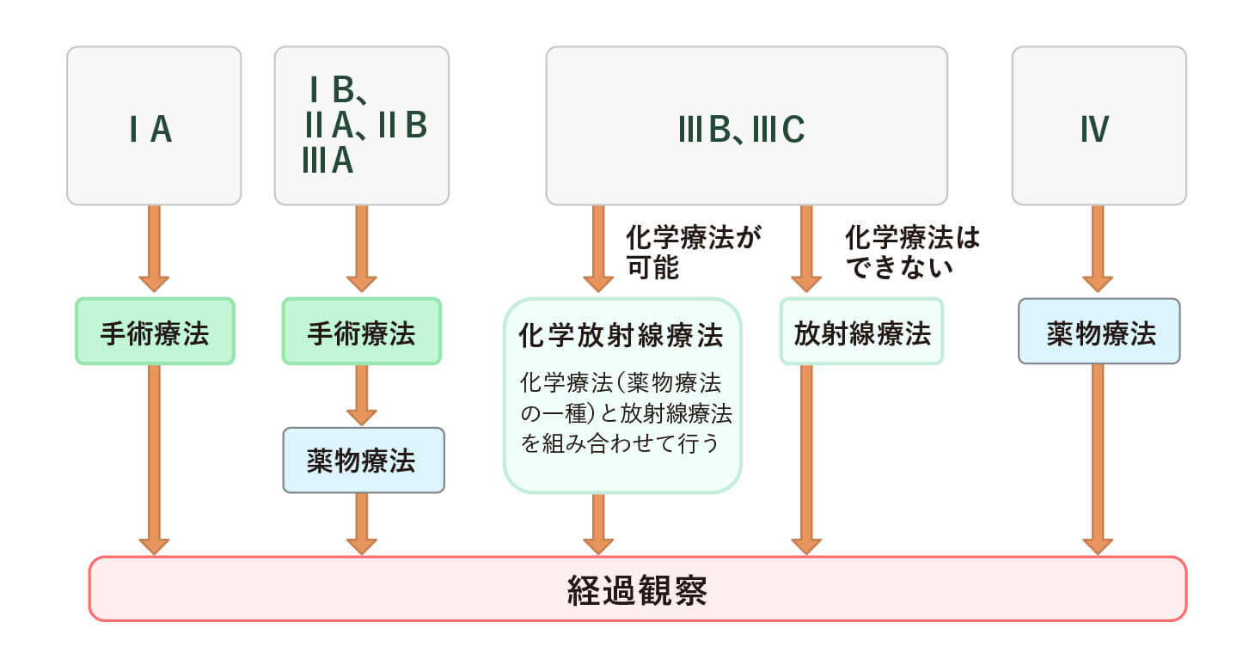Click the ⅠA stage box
(154, 126)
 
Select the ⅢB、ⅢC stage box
(746, 126)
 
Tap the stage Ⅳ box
(1099, 126)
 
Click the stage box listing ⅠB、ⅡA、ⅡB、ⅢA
(362, 126)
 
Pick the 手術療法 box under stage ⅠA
(155, 332)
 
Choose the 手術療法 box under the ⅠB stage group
(362, 332)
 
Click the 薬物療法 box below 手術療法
(364, 461)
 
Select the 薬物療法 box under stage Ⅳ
(1099, 332)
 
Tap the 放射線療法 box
(861, 332)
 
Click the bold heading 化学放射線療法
(621, 335)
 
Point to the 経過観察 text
(637, 590)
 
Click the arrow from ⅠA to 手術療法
(154, 249)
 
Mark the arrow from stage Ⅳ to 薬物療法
(1099, 249)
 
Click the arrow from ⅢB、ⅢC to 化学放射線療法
(598, 249)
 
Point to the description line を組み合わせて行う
(620, 446)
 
